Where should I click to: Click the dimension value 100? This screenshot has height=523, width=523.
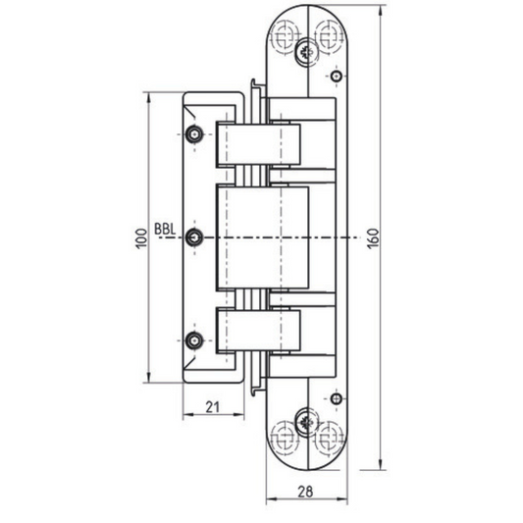pos(141,238)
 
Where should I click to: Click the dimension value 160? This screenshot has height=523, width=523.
pos(373,238)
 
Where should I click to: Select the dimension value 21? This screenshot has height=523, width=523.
pos(213,407)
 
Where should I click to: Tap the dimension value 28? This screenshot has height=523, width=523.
pos(305,492)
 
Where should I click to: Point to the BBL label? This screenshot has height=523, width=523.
pos(165,230)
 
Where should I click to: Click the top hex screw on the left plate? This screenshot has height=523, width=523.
pos(194,134)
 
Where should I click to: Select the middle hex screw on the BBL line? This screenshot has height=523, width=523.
pos(194,237)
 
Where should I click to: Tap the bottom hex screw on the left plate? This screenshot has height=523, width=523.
pos(194,340)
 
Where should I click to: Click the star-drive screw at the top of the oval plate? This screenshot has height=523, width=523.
pos(306,52)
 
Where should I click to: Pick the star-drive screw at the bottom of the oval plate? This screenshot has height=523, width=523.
pos(306,423)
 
